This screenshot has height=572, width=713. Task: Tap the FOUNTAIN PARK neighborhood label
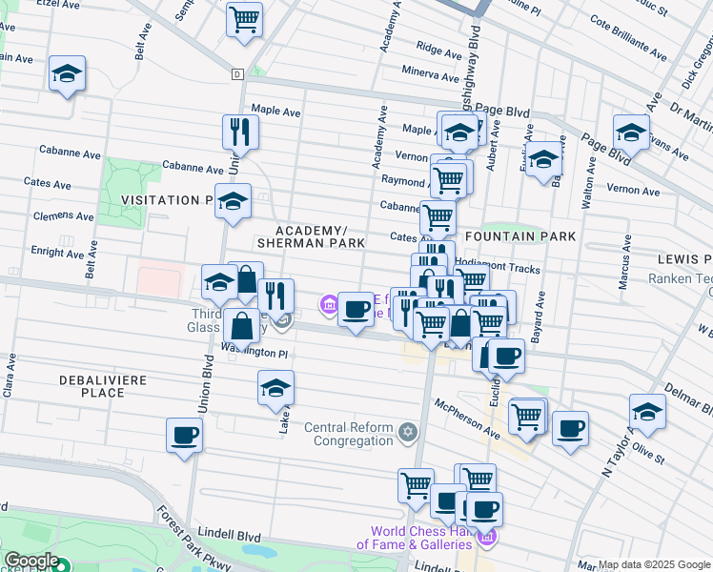(520, 235)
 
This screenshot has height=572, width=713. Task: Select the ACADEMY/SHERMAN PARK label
(320, 237)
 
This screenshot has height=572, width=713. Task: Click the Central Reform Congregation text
(349, 434)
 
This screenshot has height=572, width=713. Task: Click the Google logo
(31, 562)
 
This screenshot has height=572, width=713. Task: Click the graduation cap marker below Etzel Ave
(67, 73)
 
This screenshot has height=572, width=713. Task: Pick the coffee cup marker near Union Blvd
(184, 436)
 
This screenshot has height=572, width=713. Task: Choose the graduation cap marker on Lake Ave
(275, 388)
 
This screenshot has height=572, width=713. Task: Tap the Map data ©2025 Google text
(654, 564)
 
